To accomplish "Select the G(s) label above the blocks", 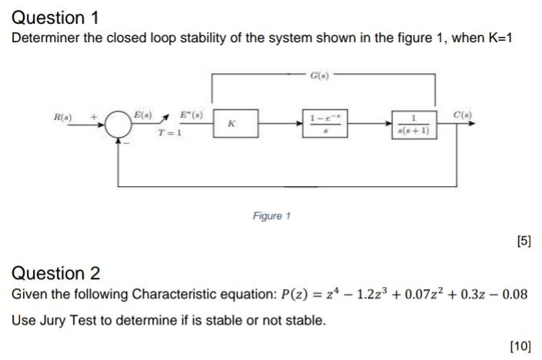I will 318,75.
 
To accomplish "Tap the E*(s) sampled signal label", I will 186,115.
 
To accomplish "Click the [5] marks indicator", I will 524,242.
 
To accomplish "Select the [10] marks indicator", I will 520,345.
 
